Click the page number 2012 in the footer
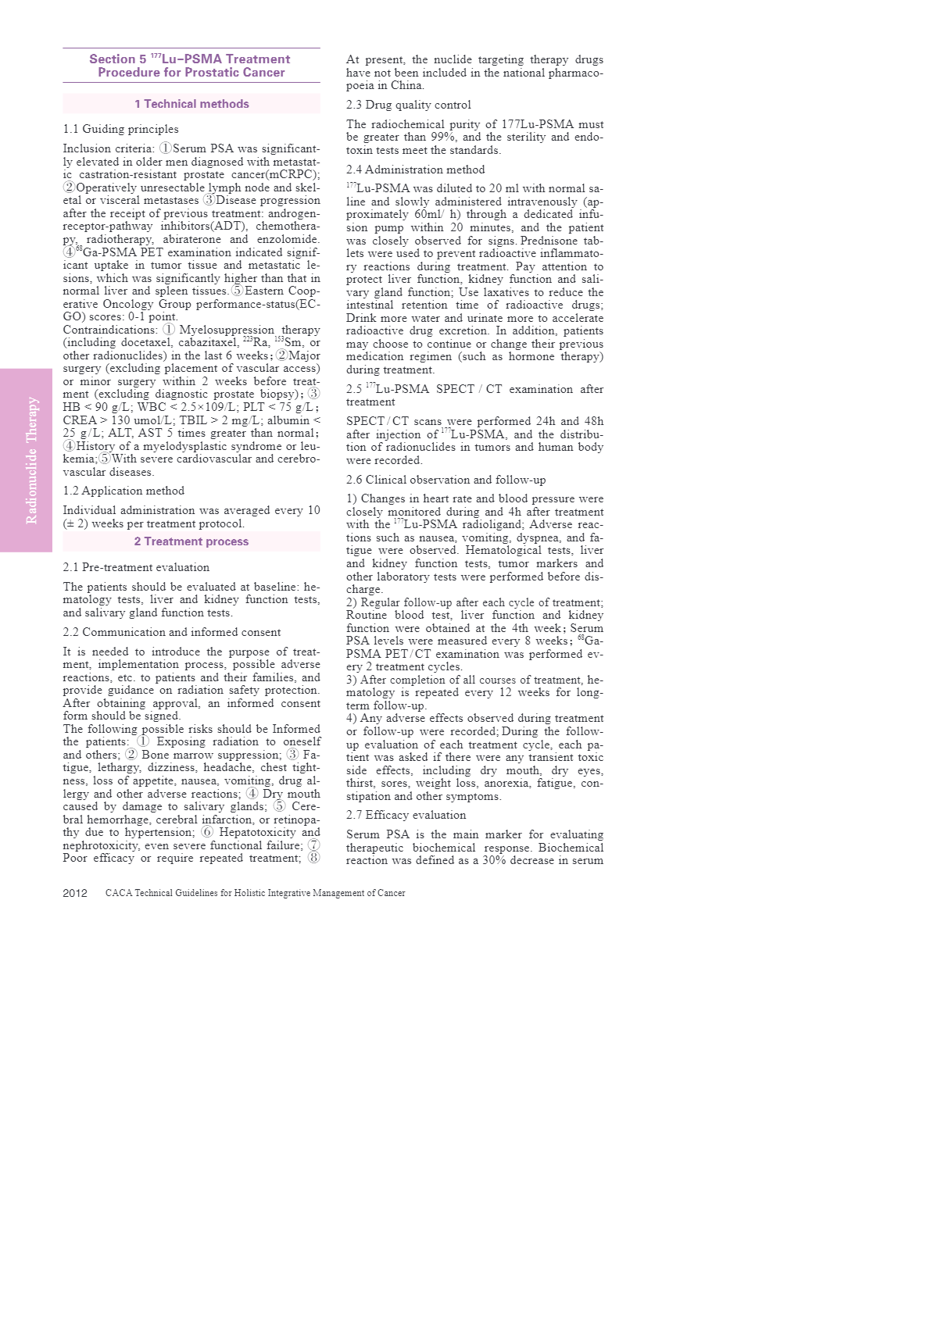coord(75,893)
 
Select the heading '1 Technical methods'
coord(191,104)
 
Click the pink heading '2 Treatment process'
coord(191,541)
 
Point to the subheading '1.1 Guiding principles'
coord(120,129)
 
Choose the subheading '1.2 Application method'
coord(123,491)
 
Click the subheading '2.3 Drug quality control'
coord(408,105)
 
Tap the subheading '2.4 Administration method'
coord(415,170)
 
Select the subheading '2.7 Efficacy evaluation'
coord(406,815)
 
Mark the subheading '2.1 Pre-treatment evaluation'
coord(136,567)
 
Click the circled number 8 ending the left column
coord(313,858)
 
